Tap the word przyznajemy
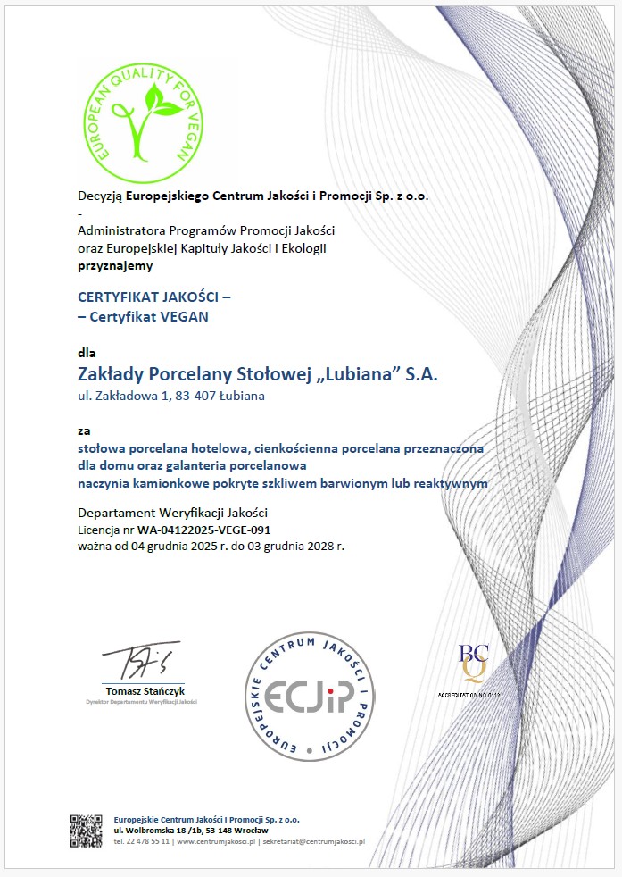115,265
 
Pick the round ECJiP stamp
310,695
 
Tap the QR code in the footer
87,830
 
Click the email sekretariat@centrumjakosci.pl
314,841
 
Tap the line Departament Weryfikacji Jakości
172,513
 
